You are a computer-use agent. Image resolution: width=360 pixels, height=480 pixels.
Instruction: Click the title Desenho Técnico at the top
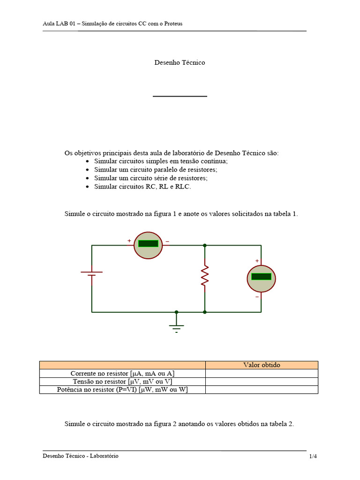point(180,62)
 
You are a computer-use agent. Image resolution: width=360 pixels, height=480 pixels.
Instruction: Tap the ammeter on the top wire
point(148,245)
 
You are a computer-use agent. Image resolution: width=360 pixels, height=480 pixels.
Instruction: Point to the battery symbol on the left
point(92,274)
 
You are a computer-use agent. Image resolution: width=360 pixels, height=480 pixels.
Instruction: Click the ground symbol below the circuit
point(176,326)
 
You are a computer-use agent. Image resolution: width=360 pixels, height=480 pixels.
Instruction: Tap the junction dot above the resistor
point(204,245)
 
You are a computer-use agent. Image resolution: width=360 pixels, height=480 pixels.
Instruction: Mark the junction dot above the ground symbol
point(176,312)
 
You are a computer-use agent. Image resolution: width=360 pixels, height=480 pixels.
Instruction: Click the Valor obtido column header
point(262,365)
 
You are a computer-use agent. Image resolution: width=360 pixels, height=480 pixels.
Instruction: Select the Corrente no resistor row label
point(123,374)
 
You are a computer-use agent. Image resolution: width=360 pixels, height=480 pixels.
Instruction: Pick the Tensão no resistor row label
point(123,382)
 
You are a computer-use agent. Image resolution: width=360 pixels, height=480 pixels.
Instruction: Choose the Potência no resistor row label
point(122,390)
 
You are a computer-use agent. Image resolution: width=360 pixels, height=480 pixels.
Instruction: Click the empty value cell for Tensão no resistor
point(262,382)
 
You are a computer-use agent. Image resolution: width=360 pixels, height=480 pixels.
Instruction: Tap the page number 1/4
point(313,456)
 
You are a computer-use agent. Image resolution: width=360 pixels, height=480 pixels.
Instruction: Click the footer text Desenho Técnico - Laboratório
point(81,456)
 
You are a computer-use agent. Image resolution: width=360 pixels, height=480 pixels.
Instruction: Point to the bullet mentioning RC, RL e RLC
point(142,187)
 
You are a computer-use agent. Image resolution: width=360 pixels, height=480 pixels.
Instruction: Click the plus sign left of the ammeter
point(129,241)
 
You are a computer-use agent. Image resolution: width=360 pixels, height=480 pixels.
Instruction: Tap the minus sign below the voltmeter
point(257,297)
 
